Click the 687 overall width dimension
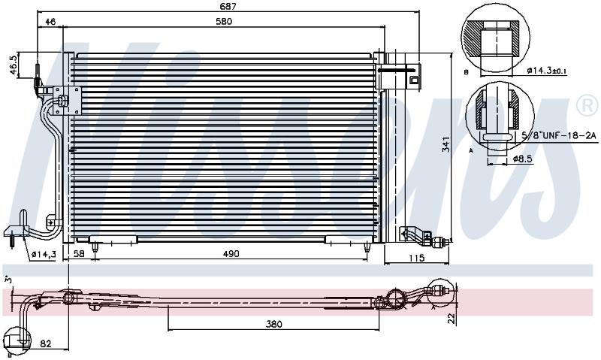[228, 6]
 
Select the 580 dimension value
[224, 22]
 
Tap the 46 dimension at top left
[50, 22]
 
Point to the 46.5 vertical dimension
[14, 65]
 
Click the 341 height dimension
[445, 144]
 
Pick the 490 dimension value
[231, 254]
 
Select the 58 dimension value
[79, 254]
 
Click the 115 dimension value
[417, 258]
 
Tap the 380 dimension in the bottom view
[273, 325]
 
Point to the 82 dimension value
[46, 344]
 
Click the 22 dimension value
[453, 319]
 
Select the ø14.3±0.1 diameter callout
[547, 71]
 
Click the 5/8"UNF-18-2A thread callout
[560, 135]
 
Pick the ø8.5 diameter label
[523, 159]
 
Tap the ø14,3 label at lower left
[44, 254]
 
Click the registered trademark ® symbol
[587, 106]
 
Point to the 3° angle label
[8, 280]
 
